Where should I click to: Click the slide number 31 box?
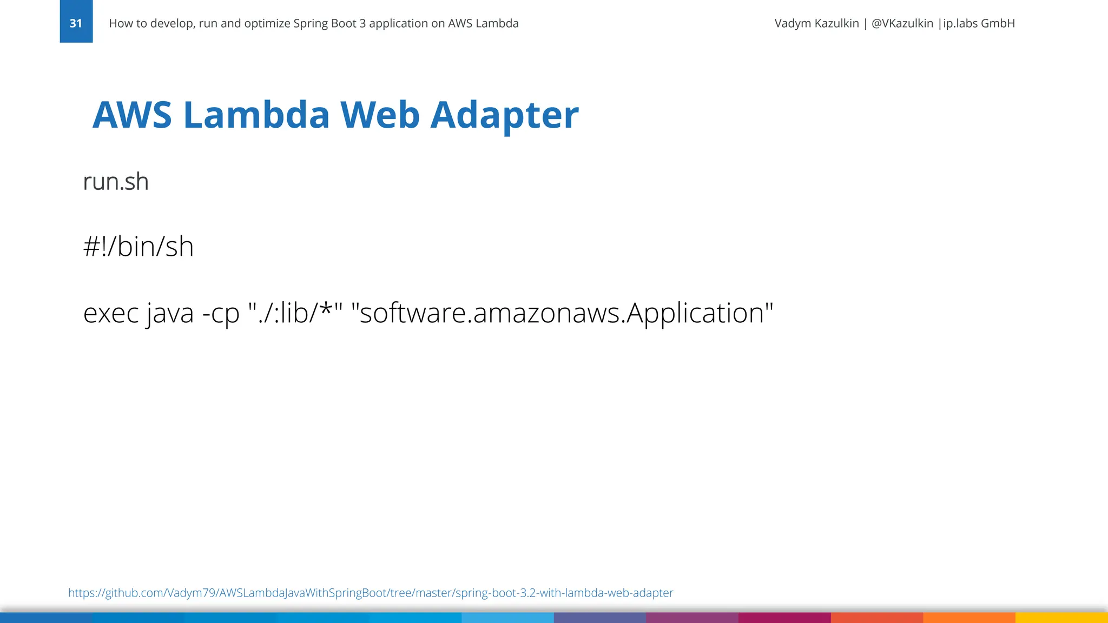(x=76, y=22)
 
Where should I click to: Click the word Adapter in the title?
(x=504, y=115)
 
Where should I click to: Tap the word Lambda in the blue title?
(x=256, y=115)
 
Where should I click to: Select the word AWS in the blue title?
(x=132, y=115)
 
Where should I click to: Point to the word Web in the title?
(x=379, y=115)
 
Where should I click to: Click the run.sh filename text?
(x=116, y=182)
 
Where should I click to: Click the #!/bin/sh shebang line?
(x=138, y=247)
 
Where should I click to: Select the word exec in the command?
(x=111, y=313)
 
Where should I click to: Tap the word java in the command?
(x=170, y=313)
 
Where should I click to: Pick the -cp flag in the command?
(x=221, y=313)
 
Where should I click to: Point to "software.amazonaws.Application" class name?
(x=562, y=313)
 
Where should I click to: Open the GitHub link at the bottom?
(x=371, y=593)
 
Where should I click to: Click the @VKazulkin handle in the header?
(x=902, y=23)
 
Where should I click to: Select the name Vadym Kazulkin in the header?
(x=816, y=23)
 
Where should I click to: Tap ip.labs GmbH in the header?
(x=979, y=23)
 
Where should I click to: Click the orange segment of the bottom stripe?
(x=969, y=618)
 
